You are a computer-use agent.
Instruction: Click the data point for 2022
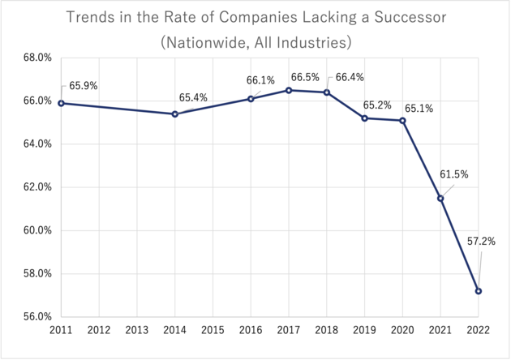click(x=479, y=291)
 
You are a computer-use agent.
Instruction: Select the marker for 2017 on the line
click(x=289, y=90)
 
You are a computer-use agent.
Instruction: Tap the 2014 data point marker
click(x=175, y=114)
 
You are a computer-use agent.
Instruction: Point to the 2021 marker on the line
click(x=440, y=198)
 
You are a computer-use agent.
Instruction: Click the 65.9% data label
click(x=83, y=85)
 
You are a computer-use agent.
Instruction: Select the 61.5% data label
click(x=453, y=174)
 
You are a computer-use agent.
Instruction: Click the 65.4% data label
click(x=193, y=97)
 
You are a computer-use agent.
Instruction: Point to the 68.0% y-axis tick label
click(x=36, y=58)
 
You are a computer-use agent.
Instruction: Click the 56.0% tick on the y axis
click(x=36, y=316)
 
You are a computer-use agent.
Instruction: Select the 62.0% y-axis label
click(x=36, y=187)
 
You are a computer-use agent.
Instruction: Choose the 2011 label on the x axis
click(x=61, y=331)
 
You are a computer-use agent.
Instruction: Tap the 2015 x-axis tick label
click(x=213, y=331)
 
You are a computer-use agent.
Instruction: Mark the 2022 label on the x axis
click(x=479, y=331)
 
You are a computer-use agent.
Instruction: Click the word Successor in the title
click(x=415, y=17)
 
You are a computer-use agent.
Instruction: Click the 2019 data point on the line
click(x=365, y=118)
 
